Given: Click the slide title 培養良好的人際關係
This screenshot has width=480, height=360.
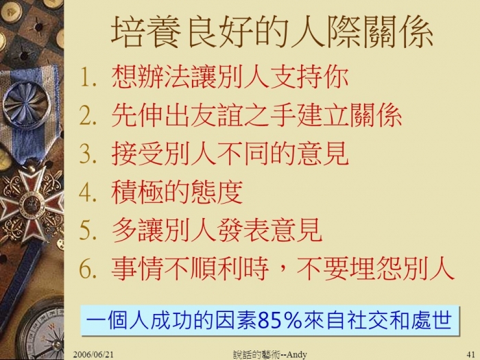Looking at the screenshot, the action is tap(272, 32).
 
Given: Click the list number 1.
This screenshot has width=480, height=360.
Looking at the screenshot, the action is tap(88, 77).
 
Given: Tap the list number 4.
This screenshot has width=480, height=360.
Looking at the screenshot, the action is tap(88, 193).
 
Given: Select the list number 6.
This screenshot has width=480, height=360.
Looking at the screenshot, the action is tap(88, 269).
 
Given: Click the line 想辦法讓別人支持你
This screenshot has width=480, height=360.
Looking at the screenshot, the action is tap(230, 77).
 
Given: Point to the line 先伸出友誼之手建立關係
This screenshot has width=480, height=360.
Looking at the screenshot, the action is tap(256, 116).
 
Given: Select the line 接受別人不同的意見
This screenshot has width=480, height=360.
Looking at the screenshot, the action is tap(230, 154).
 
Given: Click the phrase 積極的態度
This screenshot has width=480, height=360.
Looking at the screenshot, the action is tap(177, 193).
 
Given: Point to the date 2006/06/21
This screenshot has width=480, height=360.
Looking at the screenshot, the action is tap(93, 355).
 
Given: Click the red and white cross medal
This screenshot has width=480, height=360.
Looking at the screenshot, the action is tap(32, 203).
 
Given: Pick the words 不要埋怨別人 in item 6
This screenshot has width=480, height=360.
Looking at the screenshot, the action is tap(375, 269).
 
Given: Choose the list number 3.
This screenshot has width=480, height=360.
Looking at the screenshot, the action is tap(88, 154).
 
